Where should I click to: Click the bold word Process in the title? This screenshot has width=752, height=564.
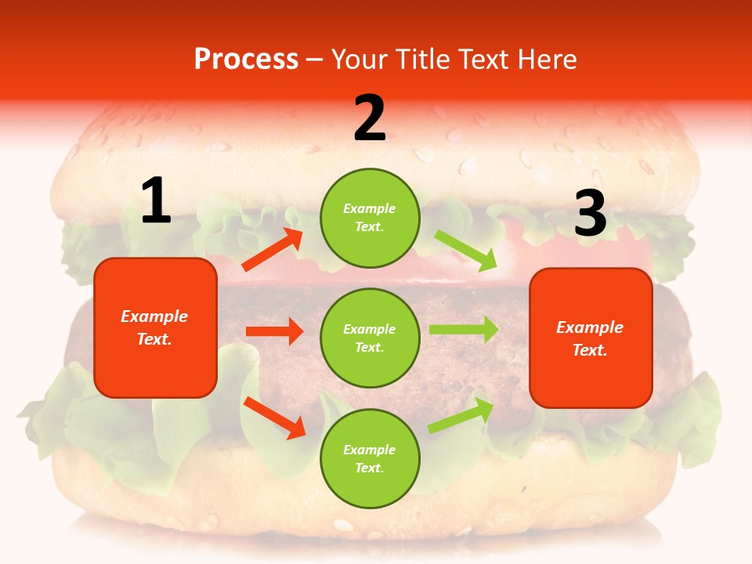click(x=246, y=59)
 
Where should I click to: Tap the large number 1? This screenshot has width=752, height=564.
click(x=156, y=201)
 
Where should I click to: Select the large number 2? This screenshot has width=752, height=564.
click(x=370, y=118)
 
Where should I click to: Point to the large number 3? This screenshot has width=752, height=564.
click(x=590, y=214)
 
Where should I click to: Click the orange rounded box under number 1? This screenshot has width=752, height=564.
click(x=155, y=327)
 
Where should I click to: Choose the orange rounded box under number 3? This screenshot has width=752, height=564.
click(x=591, y=338)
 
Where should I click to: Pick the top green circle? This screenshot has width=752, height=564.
click(x=370, y=218)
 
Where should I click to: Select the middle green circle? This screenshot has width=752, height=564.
click(x=370, y=338)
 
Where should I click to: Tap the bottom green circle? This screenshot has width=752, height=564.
click(x=370, y=459)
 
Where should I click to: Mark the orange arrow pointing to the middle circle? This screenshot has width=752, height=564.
click(x=274, y=331)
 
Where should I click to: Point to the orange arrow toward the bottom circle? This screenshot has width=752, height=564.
click(x=274, y=418)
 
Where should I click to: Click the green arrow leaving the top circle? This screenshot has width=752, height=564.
click(x=466, y=250)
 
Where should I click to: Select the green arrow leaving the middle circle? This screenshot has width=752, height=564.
click(x=464, y=330)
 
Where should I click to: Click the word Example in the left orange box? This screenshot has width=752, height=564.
click(x=154, y=316)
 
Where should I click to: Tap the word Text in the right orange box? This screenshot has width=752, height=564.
click(x=589, y=350)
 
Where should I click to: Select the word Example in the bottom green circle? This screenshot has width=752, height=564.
click(x=369, y=450)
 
